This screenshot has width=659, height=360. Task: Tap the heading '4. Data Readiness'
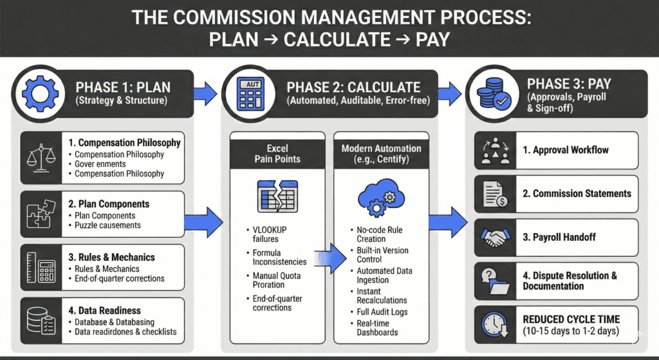106,310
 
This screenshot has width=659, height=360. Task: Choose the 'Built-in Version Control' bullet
382,255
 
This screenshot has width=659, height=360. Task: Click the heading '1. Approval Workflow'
565,150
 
